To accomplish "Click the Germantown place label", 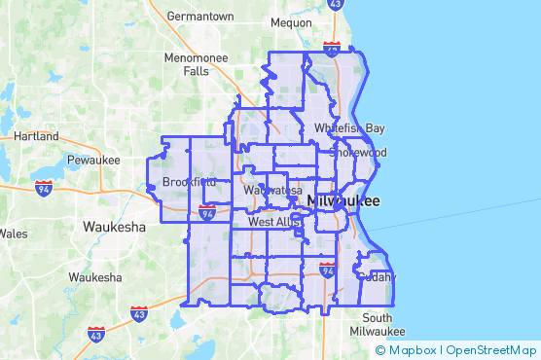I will pos(200,17).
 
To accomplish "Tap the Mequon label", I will pos(291,20).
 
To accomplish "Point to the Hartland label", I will pos(37,136).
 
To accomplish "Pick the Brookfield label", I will pos(190,182).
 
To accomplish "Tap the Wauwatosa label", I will pos(273,190).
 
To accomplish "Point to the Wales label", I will pos(14,234).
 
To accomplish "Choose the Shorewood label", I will pos(358,153).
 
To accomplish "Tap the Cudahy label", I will pos(376,276).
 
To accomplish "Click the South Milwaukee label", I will pos(378,325).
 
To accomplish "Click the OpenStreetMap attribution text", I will pos(492,350).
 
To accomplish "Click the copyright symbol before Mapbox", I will pos(380,350).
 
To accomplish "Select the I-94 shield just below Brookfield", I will pos(207,211).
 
